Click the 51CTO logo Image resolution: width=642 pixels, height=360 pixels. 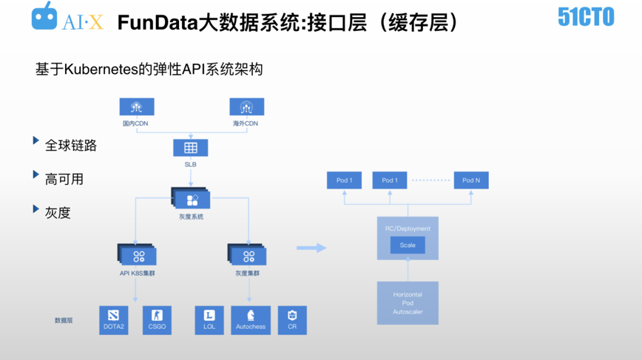pos(586,16)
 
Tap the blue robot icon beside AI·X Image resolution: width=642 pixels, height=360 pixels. pos(44,18)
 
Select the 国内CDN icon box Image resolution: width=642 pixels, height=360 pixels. pos(137,107)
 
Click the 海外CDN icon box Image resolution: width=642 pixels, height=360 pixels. pos(246,107)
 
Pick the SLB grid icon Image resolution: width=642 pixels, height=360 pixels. pos(191,147)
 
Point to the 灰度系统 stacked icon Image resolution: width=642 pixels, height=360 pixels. pos(192,199)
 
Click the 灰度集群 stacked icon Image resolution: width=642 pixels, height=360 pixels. pos(247,255)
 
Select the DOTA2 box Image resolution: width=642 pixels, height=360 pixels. pos(113,319)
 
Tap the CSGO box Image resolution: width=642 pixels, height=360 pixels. pos(157,319)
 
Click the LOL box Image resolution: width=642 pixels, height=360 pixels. pos(209,319)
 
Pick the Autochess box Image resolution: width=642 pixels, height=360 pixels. pos(251,319)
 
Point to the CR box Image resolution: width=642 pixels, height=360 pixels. pos(292,319)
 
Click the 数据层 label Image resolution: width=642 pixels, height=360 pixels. pos(64,321)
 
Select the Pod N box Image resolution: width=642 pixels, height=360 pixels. pos(471,180)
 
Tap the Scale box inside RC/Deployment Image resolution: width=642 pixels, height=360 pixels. pos(408,245)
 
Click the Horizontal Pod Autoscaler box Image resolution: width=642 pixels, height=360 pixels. pos(408,303)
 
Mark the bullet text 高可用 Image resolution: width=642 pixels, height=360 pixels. pos(64,179)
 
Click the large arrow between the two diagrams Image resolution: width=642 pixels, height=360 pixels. pos(311,248)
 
